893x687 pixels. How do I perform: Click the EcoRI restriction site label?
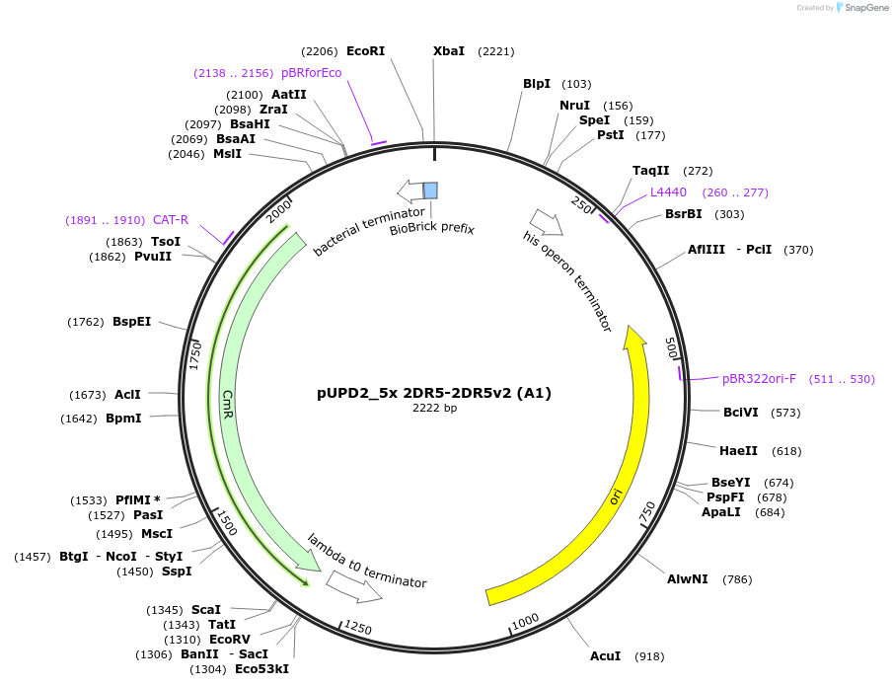(365, 51)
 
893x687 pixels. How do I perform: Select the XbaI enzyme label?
(449, 51)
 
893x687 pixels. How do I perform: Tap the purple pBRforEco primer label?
(311, 73)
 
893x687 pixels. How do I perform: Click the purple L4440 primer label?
(668, 192)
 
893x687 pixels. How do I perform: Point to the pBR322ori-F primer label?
(759, 379)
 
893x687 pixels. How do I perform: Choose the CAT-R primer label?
(171, 220)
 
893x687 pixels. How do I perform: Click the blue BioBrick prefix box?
(430, 190)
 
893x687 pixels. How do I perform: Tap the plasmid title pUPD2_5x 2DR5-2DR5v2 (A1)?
(434, 393)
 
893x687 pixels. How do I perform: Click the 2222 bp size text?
(434, 408)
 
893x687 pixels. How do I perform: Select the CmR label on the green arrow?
(228, 402)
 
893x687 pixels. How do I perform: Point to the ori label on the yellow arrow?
(616, 496)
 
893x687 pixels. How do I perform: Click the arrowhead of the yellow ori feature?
(635, 338)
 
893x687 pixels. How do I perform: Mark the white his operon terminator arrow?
(546, 222)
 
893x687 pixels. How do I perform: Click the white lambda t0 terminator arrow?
(353, 587)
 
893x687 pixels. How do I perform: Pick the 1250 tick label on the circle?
(357, 629)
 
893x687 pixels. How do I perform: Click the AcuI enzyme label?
(605, 656)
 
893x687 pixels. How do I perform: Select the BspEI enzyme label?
(131, 322)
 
